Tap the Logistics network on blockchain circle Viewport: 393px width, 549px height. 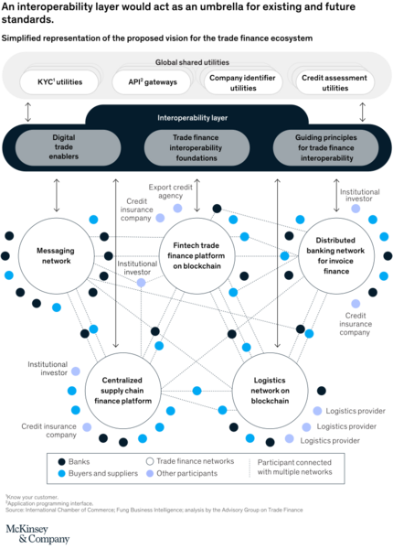coord(269,386)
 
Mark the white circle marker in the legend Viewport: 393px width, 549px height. coord(149,465)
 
